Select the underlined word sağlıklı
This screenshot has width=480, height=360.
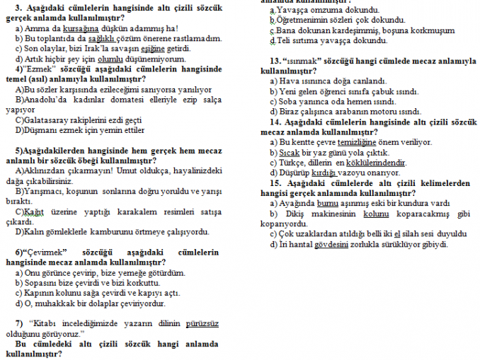tap(115, 37)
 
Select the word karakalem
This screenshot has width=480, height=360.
tap(133, 211)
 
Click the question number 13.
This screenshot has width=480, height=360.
tap(276, 62)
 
